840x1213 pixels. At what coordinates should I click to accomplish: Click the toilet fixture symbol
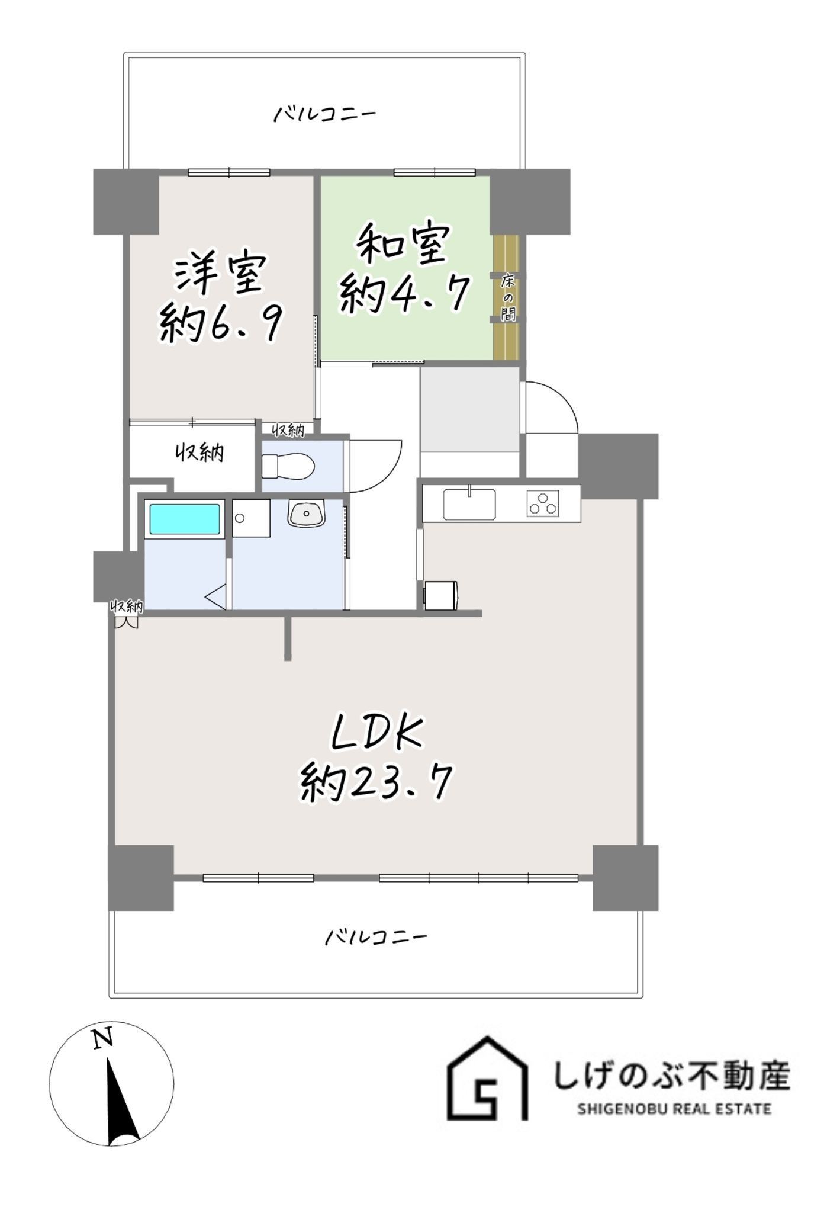(x=288, y=466)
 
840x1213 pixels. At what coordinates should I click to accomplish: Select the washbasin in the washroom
(x=307, y=512)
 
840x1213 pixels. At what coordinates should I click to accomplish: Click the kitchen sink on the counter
(x=469, y=504)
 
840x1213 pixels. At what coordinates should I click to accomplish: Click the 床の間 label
(x=508, y=297)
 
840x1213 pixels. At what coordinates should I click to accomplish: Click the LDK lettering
(x=376, y=734)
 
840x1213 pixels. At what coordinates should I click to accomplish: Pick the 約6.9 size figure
(x=220, y=323)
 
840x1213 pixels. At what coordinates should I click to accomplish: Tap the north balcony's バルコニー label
(x=324, y=114)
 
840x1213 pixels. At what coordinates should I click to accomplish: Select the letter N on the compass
(x=102, y=1038)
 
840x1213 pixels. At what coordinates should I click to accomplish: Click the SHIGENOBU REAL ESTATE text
(x=674, y=1109)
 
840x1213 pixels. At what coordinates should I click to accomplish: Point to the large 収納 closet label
(x=199, y=453)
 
